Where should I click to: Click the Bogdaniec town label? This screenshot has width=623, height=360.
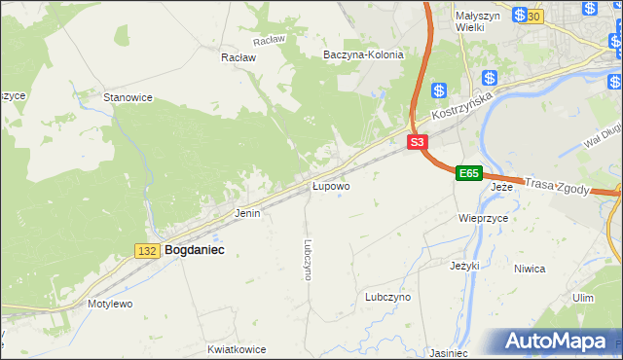(195, 250)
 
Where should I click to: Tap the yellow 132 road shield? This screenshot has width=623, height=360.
(147, 251)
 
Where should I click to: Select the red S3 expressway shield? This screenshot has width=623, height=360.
(417, 142)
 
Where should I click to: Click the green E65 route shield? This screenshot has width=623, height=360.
(469, 173)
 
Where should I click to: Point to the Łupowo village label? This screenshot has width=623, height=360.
(330, 185)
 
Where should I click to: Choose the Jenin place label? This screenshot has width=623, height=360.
(247, 212)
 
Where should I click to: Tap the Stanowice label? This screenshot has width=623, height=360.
(128, 97)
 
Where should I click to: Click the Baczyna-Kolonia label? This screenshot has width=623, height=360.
(363, 55)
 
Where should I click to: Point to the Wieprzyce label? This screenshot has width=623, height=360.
(483, 219)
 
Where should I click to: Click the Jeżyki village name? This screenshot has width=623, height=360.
(465, 265)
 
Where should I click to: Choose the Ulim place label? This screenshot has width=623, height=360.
(583, 298)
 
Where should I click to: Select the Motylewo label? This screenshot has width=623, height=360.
(110, 304)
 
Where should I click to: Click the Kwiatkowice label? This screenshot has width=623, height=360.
(237, 347)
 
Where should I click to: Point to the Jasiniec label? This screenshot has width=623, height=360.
(448, 353)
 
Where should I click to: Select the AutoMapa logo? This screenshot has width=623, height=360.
(556, 342)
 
